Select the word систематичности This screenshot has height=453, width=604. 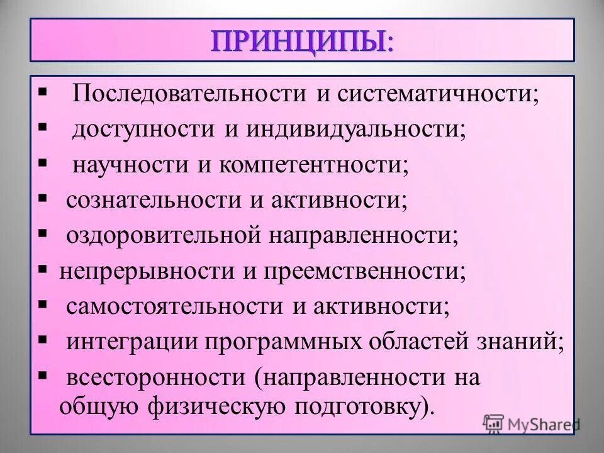tap(437, 94)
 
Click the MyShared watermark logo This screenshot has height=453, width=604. tap(531, 423)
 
